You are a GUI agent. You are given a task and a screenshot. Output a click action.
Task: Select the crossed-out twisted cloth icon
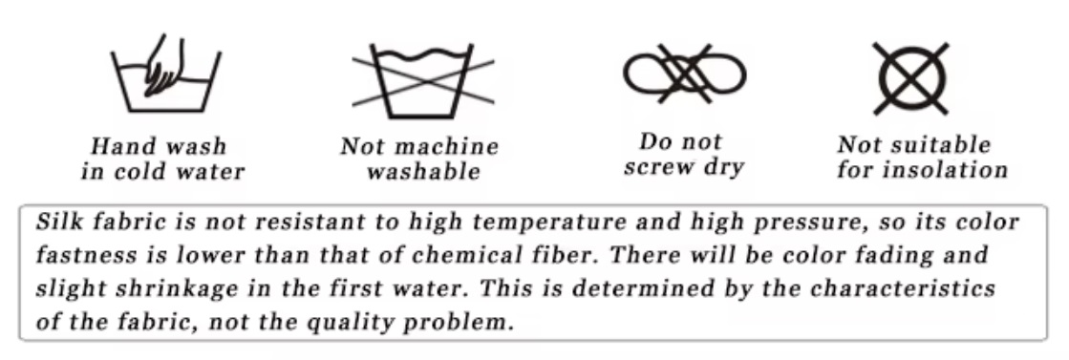pos(685,73)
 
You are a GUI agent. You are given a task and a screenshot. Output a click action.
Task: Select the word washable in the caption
pos(423,173)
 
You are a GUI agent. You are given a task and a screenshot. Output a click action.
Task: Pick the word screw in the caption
pos(662,168)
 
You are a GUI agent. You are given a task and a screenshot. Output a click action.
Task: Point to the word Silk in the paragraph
pos(57,222)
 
